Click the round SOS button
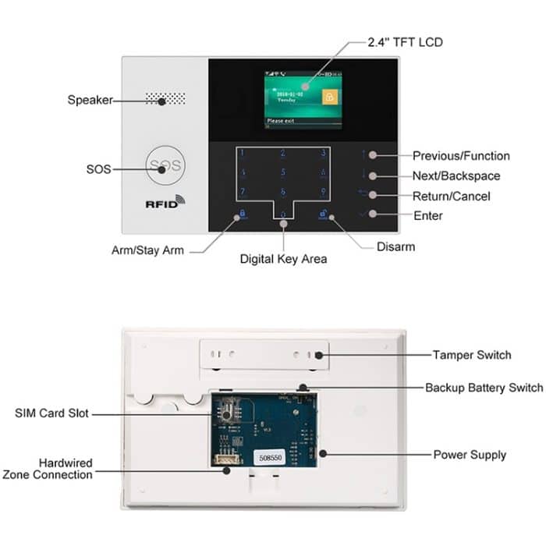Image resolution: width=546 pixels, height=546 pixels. pos(165,165)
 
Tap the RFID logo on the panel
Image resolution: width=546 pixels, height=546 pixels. pos(165,201)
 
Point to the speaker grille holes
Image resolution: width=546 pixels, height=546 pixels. pos(165,100)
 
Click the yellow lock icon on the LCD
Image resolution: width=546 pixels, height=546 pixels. pos(330,97)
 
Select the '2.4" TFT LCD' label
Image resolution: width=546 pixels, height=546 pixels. pos(404,41)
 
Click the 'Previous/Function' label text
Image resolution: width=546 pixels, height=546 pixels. pos(461,156)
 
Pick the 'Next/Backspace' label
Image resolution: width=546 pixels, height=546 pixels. pos(456,176)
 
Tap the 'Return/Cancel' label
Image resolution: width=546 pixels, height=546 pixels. pos(452,197)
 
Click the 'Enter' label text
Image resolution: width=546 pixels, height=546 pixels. pos(428,215)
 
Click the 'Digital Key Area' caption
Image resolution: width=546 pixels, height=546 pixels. pos(283,259)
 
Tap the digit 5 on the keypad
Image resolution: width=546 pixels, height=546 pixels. pos(282,172)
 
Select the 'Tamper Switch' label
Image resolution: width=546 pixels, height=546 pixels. pos(472,355)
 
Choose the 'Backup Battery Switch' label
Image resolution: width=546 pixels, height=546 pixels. pos(484,388)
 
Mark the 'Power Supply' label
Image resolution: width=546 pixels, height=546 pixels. pos(470,454)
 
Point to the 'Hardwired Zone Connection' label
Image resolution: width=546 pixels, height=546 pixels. pos(48,468)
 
